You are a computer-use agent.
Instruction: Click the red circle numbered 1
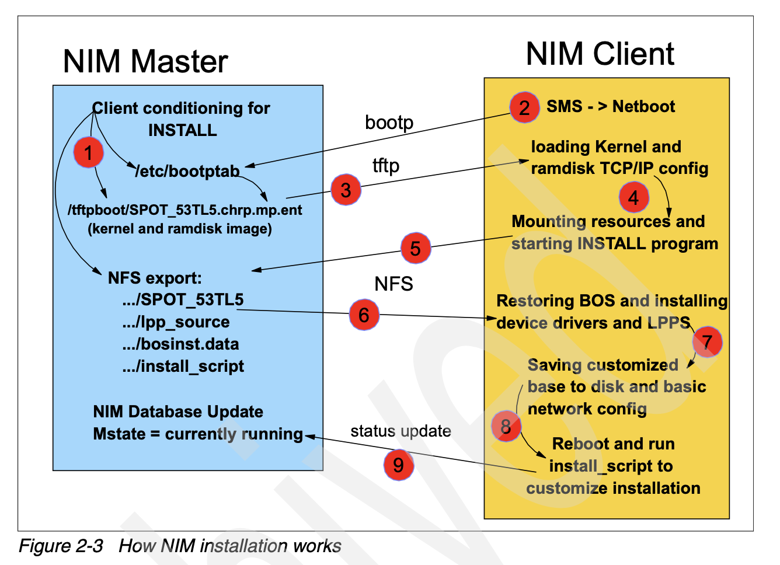point(88,152)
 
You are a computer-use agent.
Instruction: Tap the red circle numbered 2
point(524,107)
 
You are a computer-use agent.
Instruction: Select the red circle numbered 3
point(346,190)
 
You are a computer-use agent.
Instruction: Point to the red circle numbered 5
point(415,248)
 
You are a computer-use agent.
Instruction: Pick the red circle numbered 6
point(364,315)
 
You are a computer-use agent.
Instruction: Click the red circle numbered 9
point(399,465)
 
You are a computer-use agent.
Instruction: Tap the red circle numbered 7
point(707,342)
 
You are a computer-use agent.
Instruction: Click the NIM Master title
point(145,61)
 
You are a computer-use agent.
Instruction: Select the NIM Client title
point(600,54)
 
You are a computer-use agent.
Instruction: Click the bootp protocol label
point(389,123)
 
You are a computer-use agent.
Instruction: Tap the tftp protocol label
point(386,166)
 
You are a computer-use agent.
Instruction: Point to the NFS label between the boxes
point(394,284)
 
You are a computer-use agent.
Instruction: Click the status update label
point(401,431)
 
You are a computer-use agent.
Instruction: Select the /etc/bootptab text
point(187,171)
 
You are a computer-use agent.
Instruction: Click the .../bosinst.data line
point(180,344)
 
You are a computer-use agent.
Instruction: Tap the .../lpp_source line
point(176,322)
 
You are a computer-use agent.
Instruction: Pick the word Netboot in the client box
point(643,107)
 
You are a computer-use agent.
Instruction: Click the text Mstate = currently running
point(198,434)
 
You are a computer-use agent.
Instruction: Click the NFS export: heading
point(155,278)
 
